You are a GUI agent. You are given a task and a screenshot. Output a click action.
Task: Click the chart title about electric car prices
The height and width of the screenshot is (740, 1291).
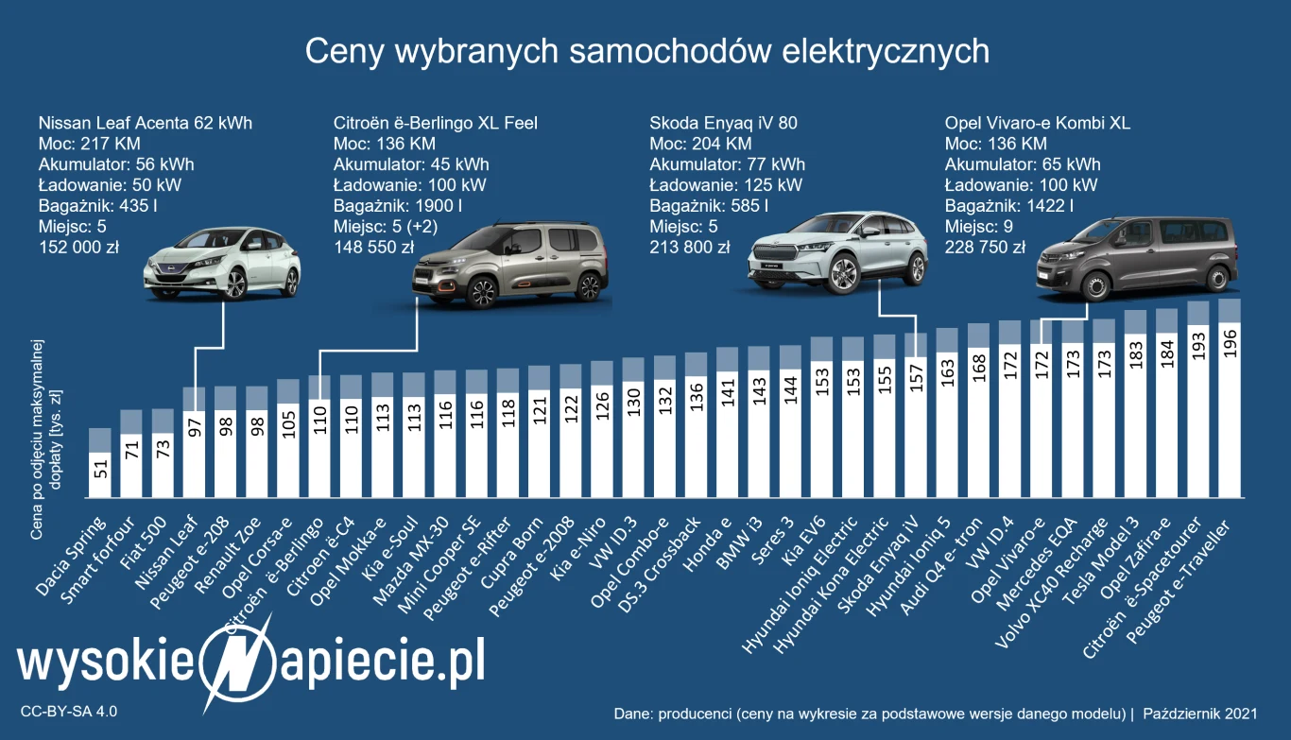[646, 51]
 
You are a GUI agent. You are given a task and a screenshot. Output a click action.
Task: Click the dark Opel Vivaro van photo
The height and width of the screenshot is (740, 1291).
[1137, 258]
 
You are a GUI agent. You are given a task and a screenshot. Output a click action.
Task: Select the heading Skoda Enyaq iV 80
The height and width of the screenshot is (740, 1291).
[710, 123]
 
